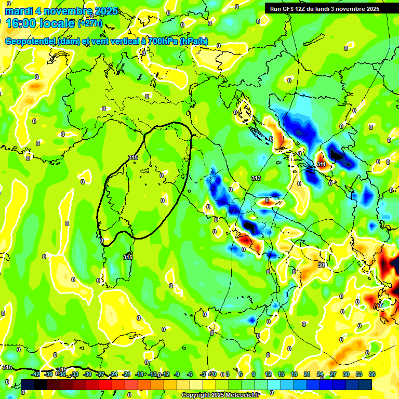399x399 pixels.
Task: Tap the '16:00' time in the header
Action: point(19,23)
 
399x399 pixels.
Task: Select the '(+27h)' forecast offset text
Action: point(90,23)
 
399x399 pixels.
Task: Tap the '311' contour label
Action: point(322,164)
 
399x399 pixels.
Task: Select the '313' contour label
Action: point(256,178)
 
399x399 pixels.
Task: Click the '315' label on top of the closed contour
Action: point(132,157)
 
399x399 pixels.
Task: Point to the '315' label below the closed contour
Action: point(128,257)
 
